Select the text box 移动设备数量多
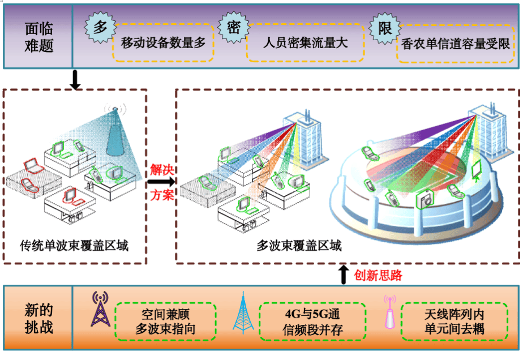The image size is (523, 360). click(163, 43)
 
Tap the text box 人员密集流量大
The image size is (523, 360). click(306, 43)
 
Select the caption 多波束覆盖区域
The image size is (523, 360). click(299, 246)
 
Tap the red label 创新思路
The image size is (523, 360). click(378, 276)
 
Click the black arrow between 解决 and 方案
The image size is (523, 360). click(161, 182)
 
